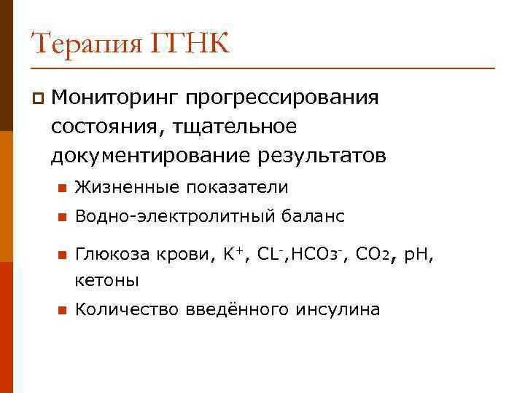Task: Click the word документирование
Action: point(149,156)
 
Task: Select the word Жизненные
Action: point(124,188)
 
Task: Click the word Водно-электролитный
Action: point(175,217)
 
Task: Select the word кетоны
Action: point(106,280)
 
